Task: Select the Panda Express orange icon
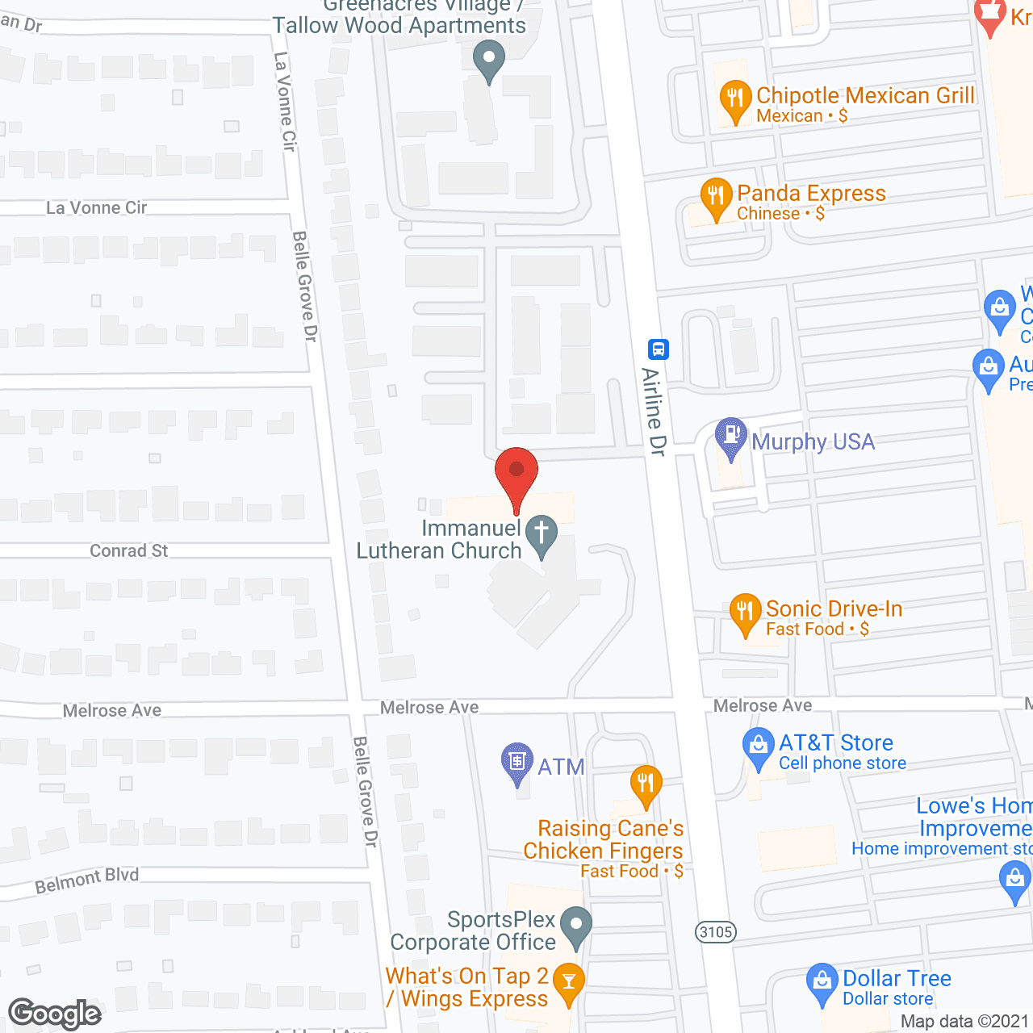click(716, 198)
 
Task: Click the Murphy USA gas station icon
click(731, 437)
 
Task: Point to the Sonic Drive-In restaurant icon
click(745, 613)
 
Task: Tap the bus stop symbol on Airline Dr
click(659, 349)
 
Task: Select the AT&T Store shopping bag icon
click(758, 747)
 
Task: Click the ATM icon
click(517, 762)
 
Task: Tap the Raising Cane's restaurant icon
click(646, 784)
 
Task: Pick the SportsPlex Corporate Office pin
click(575, 926)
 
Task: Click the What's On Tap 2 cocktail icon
click(569, 982)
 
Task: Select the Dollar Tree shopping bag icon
click(822, 982)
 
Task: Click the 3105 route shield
click(716, 932)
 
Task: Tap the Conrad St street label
click(129, 550)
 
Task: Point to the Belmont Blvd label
click(87, 880)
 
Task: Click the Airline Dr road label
click(654, 412)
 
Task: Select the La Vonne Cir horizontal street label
click(97, 207)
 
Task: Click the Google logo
click(55, 1014)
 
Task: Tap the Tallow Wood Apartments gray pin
click(488, 61)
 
